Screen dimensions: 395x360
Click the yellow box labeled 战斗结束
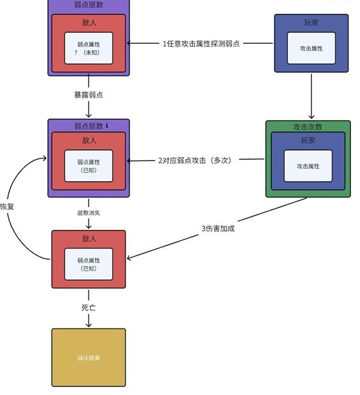(88, 357)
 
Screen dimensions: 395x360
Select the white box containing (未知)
(89, 48)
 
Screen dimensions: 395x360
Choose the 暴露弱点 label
(88, 95)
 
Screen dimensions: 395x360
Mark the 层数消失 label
(88, 213)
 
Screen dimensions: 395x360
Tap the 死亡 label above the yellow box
(88, 306)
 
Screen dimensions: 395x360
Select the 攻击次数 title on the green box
(307, 127)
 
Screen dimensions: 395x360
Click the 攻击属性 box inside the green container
(307, 166)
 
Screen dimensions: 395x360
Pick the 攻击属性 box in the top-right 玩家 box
(311, 48)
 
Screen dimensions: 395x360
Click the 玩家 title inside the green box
(307, 140)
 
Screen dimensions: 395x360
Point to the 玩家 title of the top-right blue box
(311, 22)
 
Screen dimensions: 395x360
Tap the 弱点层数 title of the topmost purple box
(88, 5)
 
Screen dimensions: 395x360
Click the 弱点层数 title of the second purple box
(88, 126)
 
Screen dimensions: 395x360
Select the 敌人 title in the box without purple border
(88, 238)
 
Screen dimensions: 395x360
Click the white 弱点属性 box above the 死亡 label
(88, 264)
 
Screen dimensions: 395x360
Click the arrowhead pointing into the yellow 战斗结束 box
(88, 325)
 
